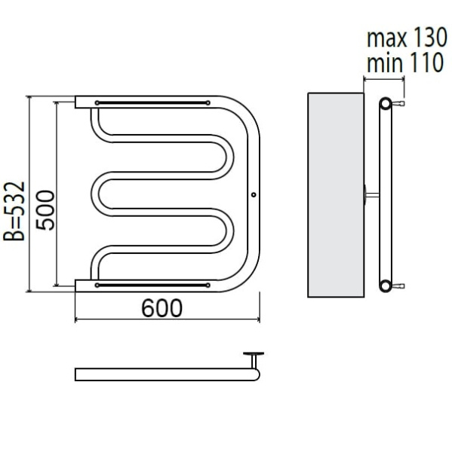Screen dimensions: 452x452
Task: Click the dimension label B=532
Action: [x=14, y=211]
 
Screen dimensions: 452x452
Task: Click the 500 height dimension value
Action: [x=45, y=210]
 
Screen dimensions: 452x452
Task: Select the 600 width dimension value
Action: [x=161, y=308]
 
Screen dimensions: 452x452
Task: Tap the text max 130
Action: [x=407, y=38]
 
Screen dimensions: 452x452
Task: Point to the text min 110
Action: [x=405, y=63]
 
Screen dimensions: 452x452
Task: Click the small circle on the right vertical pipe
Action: [x=254, y=195]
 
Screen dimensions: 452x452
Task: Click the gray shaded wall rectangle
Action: [x=336, y=195]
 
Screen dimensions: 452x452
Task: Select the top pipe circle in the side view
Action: [x=386, y=104]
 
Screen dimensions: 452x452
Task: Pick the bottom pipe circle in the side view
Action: [x=386, y=286]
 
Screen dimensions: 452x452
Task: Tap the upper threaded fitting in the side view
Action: [x=398, y=103]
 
